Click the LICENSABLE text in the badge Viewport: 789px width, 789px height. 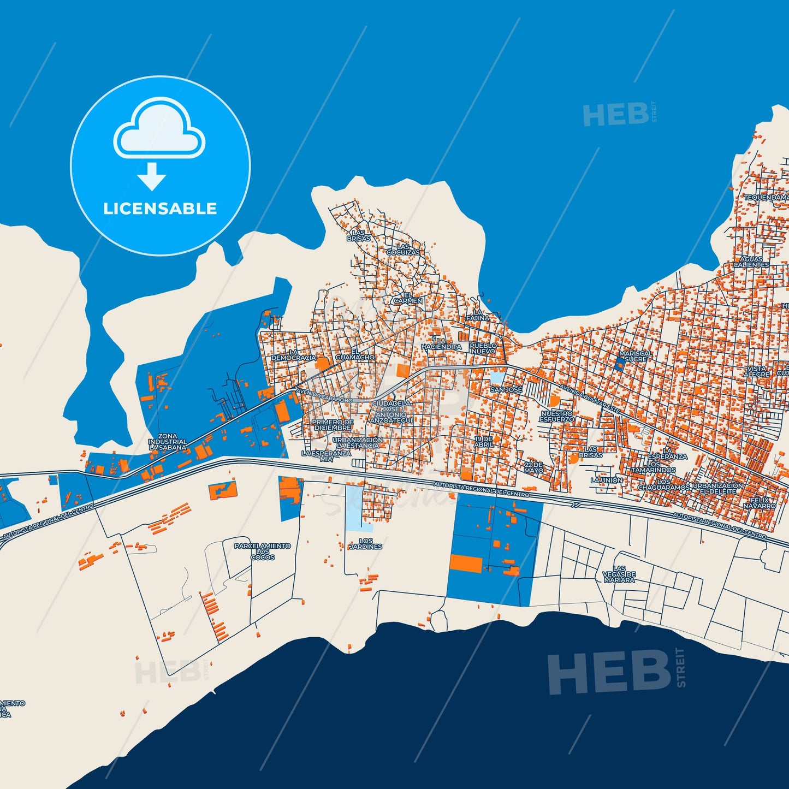(x=160, y=209)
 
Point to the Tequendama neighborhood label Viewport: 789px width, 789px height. (x=766, y=197)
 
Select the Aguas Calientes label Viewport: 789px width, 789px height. (x=751, y=262)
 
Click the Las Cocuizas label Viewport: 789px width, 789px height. (x=404, y=250)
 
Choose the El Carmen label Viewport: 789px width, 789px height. (x=408, y=298)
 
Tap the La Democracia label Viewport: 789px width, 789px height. (x=293, y=355)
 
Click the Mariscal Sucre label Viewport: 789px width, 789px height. (x=636, y=356)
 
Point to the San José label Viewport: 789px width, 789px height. (x=506, y=390)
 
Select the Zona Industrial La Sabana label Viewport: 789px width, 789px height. (x=168, y=442)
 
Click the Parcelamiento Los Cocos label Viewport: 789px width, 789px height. (x=263, y=551)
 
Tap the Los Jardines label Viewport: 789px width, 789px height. (x=366, y=543)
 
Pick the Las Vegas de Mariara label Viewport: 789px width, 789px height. (x=619, y=574)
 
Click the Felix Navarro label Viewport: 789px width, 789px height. (x=760, y=503)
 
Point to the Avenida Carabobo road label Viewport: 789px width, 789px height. (x=324, y=396)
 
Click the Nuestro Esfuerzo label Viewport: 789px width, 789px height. (x=557, y=417)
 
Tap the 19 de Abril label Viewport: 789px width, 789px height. (x=484, y=442)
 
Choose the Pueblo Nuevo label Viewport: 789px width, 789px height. (x=483, y=348)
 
